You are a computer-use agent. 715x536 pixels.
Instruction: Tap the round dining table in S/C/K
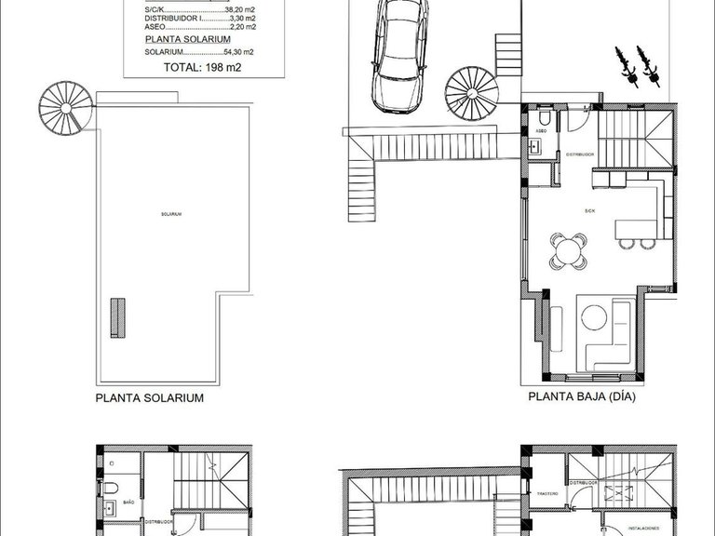click(568, 248)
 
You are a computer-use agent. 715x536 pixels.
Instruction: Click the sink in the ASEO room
click(535, 147)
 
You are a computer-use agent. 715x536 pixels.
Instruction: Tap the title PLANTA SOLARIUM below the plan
click(149, 396)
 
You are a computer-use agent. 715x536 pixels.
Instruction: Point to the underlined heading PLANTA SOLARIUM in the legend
click(182, 41)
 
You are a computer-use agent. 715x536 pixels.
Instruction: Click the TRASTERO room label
click(546, 494)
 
